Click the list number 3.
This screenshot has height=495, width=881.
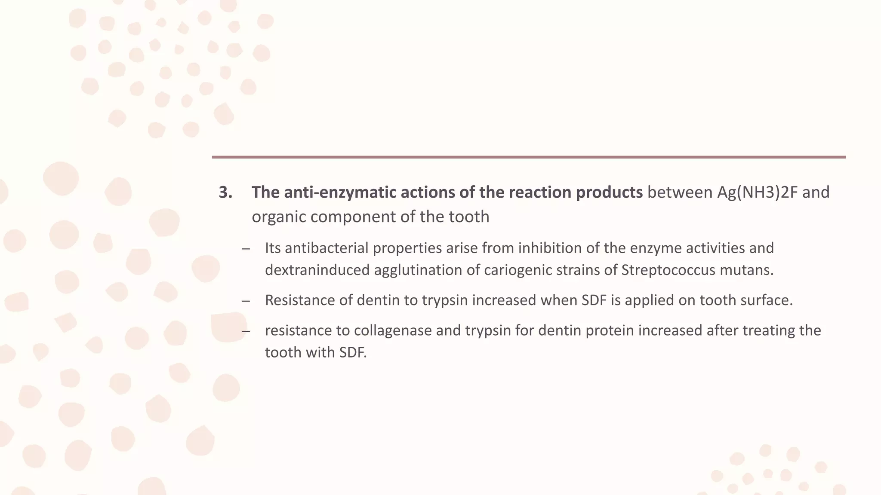click(225, 192)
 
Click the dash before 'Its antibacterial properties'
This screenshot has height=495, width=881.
click(246, 249)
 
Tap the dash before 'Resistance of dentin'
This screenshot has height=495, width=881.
click(246, 301)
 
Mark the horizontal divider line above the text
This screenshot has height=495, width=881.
click(529, 157)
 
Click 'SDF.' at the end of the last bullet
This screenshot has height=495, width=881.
click(353, 353)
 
